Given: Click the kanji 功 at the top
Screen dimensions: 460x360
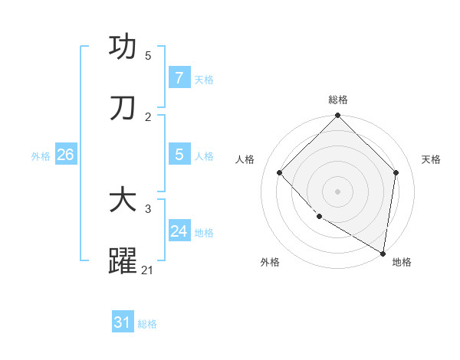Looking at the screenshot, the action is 123,48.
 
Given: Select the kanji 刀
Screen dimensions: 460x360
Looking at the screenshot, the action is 123,109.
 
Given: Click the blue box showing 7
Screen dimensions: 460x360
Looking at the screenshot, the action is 179,78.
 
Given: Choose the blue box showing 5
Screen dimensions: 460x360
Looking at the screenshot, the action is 179,155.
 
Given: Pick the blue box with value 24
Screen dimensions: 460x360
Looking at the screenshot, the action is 179,231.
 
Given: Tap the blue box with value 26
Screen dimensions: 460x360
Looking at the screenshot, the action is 65,155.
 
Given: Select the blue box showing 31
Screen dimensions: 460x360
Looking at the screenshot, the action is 123,322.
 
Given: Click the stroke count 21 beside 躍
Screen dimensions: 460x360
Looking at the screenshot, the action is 148,270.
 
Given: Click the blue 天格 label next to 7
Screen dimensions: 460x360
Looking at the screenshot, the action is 204,79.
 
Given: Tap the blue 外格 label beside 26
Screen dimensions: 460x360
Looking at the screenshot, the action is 41,155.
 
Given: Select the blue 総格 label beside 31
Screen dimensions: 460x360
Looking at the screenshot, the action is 147,323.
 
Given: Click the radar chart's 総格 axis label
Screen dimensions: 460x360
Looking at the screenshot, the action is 338,100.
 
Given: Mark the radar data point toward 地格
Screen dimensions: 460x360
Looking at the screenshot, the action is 383,252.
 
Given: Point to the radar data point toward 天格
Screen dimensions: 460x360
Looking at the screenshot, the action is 396,172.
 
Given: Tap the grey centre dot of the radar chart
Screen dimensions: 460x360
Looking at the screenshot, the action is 338,191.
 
